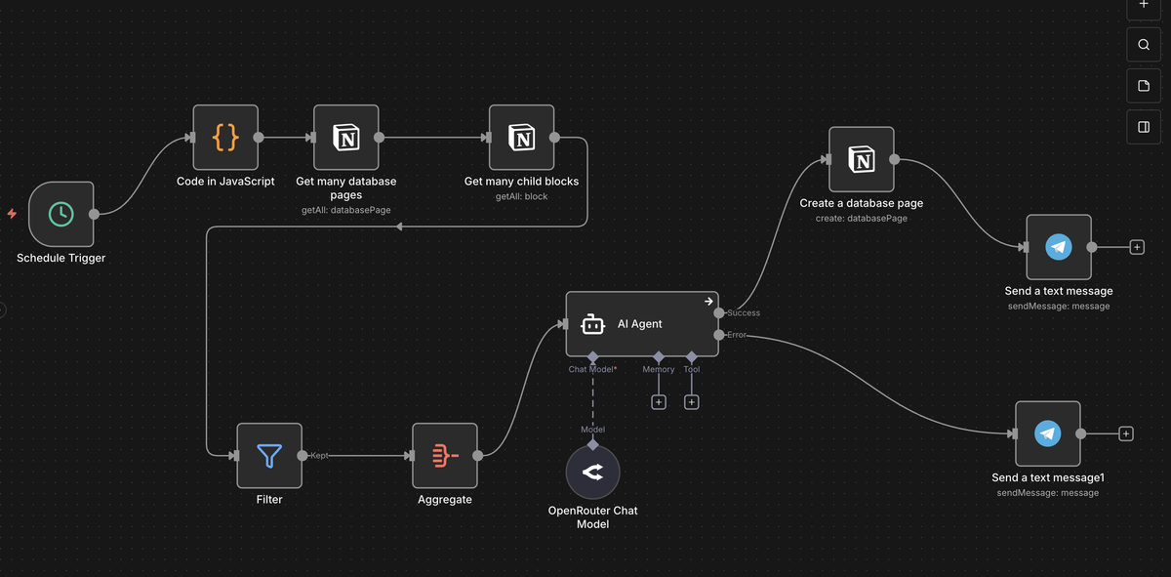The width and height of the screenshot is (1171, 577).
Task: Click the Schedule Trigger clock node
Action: point(61,214)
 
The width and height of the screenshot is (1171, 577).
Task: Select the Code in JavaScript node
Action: point(225,137)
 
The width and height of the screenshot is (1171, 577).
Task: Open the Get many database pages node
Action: point(346,137)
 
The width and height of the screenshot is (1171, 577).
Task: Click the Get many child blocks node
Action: point(522,137)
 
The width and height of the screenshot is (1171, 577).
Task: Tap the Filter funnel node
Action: point(269,456)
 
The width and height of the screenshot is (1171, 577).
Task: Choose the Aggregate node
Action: point(445,456)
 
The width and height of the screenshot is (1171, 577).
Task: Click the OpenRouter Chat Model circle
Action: point(593,472)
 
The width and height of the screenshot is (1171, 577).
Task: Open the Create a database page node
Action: point(862,159)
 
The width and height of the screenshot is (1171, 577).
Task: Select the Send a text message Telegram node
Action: point(1059,247)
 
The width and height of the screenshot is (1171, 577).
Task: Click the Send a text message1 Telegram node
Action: point(1048,433)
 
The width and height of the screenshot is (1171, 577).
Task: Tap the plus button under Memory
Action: point(659,402)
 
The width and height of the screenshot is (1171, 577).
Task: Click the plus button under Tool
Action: point(692,402)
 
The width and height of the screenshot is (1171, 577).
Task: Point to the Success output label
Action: point(744,312)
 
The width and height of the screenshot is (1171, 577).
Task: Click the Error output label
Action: point(736,335)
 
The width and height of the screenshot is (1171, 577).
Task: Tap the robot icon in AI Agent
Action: point(593,324)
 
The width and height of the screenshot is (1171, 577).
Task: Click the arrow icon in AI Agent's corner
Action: point(708,302)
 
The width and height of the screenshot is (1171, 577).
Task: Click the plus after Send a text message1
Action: point(1126,433)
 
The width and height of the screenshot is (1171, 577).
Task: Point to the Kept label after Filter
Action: point(319,456)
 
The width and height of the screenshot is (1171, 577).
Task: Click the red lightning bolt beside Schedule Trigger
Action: point(12,214)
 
